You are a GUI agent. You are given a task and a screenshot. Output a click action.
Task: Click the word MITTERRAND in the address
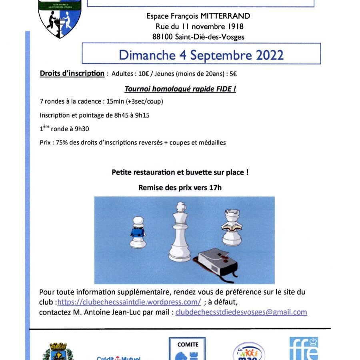[x=227, y=16]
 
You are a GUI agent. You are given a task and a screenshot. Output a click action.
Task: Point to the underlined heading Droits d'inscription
[x=72, y=74]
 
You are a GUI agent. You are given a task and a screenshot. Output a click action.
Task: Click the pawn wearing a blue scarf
[x=137, y=232]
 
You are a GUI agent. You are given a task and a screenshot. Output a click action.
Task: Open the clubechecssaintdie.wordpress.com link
[x=129, y=302]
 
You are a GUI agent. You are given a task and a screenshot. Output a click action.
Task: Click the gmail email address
[x=241, y=312]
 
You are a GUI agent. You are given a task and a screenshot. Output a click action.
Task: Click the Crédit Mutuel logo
[x=118, y=357]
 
